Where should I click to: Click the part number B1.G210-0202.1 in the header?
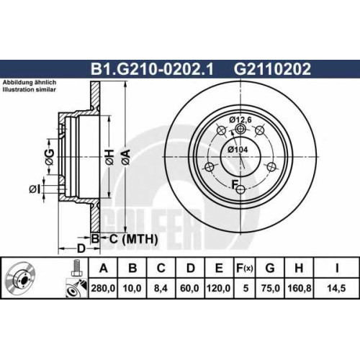click(152, 69)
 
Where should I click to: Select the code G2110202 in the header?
click(272, 69)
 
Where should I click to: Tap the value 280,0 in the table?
click(103, 288)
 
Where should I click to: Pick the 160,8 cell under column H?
click(299, 288)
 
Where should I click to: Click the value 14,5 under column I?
click(336, 288)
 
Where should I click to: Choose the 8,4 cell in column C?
click(161, 288)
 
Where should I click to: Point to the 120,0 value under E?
click(218, 288)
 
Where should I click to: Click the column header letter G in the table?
click(270, 268)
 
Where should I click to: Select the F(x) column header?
click(245, 268)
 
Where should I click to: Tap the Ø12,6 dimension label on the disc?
click(240, 120)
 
